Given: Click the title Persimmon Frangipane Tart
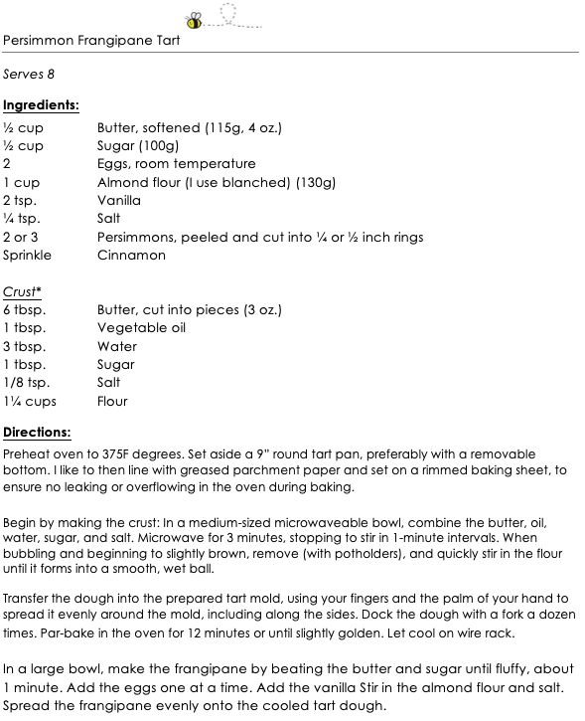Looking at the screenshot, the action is click(91, 41).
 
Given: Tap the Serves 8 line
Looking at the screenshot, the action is click(29, 75).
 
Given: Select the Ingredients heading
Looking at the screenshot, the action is click(41, 104).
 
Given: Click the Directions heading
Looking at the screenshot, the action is click(37, 433).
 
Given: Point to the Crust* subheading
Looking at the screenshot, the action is click(22, 291).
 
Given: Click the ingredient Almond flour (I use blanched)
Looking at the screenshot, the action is click(217, 182).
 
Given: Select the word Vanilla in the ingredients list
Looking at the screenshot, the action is click(119, 200).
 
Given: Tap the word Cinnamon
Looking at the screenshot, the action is click(131, 255).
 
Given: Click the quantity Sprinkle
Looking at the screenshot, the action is click(27, 255).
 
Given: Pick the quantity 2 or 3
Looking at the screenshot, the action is click(21, 237).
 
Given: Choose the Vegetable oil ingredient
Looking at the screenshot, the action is click(141, 327).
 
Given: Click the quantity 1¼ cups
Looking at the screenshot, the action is click(30, 401).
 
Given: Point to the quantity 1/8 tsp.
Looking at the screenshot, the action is click(26, 383).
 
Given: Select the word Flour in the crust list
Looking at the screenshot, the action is click(113, 401).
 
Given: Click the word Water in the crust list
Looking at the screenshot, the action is click(117, 346).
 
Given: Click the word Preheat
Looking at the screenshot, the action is click(29, 453).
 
